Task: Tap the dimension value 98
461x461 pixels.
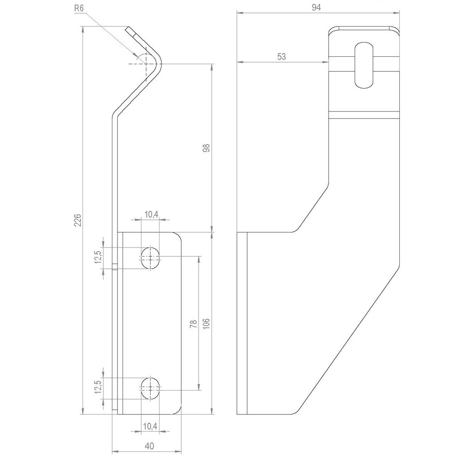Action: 206,148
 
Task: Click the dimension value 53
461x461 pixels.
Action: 282,56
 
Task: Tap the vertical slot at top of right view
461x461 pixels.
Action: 363,65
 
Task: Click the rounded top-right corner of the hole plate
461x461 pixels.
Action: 178,237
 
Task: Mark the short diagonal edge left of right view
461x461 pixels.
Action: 311,205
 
